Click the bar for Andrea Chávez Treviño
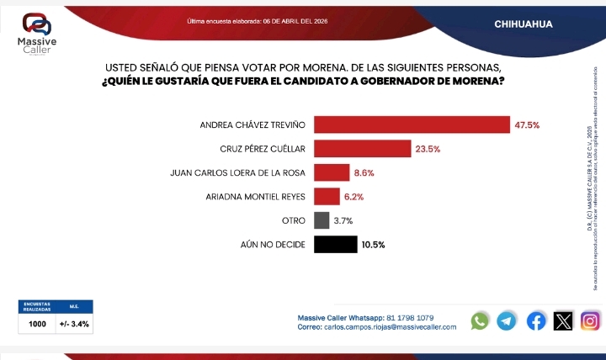[412, 124]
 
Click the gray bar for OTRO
[321, 220]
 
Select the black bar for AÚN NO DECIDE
[335, 245]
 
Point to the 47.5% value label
[527, 125]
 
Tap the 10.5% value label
[374, 245]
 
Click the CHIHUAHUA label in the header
[524, 24]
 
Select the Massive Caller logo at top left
[37, 34]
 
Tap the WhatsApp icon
[480, 320]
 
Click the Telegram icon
[507, 320]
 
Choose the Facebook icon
[536, 320]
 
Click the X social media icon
[563, 320]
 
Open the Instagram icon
[591, 320]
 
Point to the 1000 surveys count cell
[37, 323]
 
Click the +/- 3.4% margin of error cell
[74, 323]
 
